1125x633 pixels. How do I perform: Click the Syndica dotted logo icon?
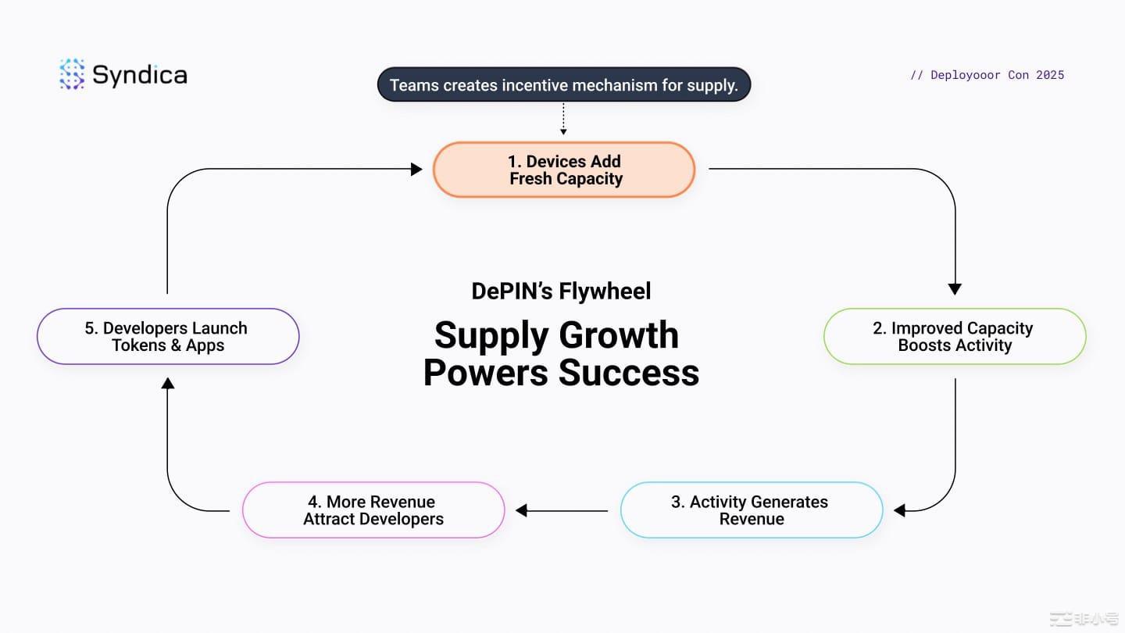click(72, 74)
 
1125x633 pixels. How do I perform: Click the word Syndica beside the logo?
click(140, 75)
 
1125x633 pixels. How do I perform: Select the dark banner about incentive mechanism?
click(564, 84)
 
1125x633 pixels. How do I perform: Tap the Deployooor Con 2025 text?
click(987, 75)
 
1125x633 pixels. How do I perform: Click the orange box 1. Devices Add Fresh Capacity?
click(564, 170)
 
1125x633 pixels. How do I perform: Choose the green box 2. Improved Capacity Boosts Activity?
click(955, 337)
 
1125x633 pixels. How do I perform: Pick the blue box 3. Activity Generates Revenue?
click(752, 510)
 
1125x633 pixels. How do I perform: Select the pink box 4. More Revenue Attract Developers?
click(373, 510)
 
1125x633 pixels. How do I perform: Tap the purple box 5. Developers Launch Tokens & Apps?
click(168, 337)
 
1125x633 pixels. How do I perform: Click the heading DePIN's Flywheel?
click(561, 291)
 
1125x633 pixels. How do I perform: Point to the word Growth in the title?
click(619, 335)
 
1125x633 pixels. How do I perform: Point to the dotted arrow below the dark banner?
click(563, 119)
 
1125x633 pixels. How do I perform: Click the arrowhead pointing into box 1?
click(416, 170)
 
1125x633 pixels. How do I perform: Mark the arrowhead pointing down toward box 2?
click(955, 289)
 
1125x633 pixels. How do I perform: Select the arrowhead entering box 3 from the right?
click(899, 510)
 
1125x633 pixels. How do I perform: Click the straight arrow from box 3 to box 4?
click(562, 510)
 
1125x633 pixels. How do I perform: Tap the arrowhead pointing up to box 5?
click(168, 383)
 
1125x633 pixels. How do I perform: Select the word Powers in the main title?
click(486, 373)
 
